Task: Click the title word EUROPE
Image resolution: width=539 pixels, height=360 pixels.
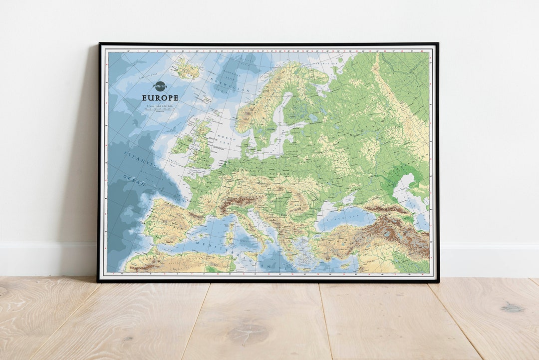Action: pos(160,98)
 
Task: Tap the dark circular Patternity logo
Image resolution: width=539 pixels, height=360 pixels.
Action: pos(160,86)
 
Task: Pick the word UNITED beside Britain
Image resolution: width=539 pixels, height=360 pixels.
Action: pos(214,139)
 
